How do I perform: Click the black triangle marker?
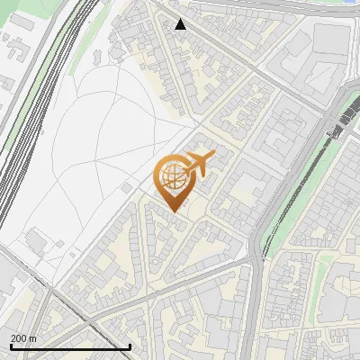(181, 24)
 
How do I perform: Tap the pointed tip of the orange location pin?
(174, 211)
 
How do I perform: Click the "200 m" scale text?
(23, 338)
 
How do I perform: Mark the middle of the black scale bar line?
(70, 346)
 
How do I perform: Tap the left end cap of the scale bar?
(11, 346)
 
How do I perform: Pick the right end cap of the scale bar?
(130, 346)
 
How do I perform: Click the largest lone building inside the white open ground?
(38, 241)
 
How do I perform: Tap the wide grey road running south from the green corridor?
(253, 306)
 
